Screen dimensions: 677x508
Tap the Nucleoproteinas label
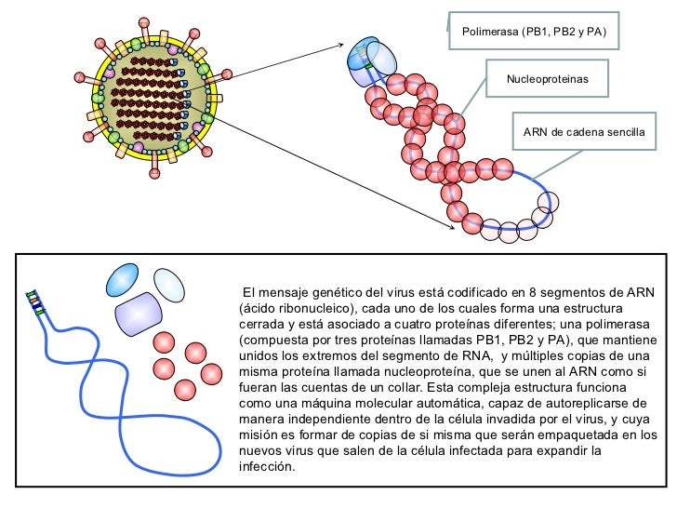click(547, 81)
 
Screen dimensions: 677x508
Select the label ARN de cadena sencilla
click(583, 132)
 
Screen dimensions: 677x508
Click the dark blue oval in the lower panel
click(126, 277)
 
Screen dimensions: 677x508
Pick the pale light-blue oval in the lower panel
click(169, 283)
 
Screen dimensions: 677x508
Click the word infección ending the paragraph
click(267, 466)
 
